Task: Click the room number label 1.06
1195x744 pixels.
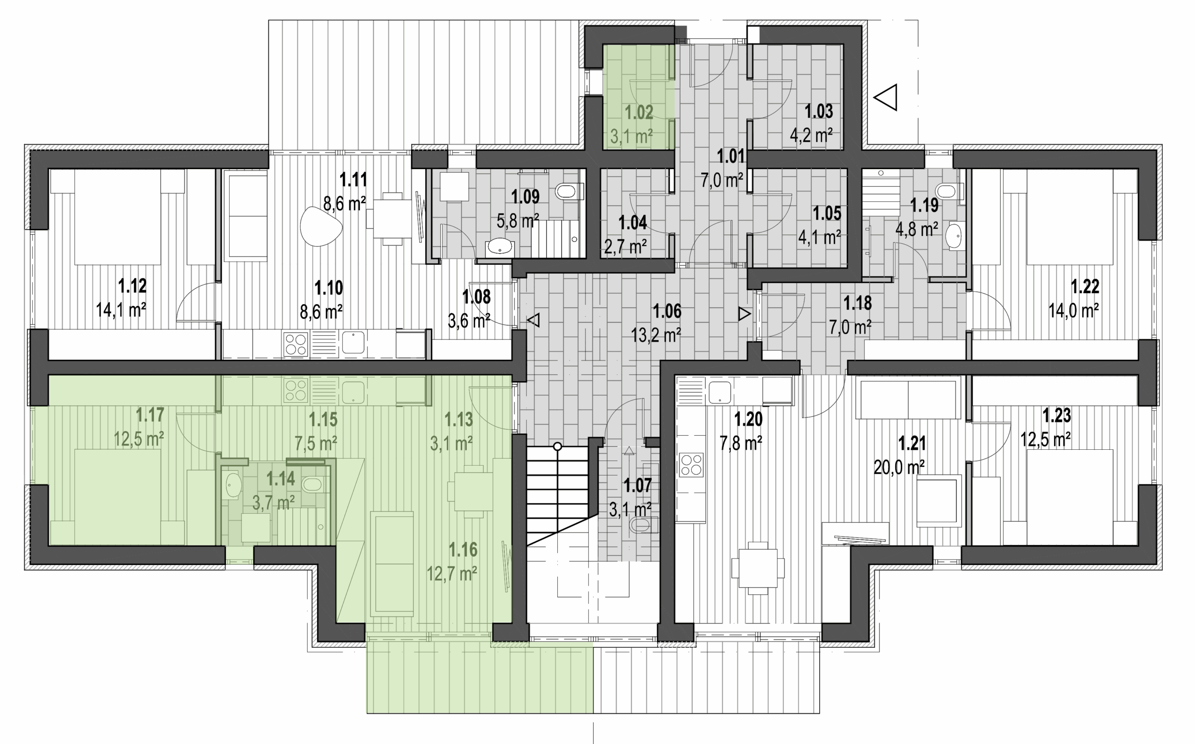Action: click(x=667, y=311)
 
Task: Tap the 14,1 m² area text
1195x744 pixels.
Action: click(x=121, y=310)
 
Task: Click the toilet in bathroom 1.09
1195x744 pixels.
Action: click(x=569, y=191)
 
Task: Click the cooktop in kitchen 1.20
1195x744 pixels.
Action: click(x=691, y=465)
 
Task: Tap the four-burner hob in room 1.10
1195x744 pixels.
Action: click(x=295, y=343)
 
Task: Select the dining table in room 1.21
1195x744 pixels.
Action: click(x=758, y=568)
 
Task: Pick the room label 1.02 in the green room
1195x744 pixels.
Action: click(x=639, y=112)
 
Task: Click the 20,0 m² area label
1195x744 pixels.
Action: click(x=899, y=467)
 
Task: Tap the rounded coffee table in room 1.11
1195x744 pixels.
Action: click(x=321, y=226)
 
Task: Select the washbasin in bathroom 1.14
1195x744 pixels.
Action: click(x=232, y=485)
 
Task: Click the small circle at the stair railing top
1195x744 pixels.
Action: click(x=557, y=446)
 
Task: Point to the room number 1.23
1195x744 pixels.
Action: click(x=1057, y=416)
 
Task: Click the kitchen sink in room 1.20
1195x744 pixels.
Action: click(x=719, y=392)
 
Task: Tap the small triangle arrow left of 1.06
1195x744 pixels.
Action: click(x=534, y=320)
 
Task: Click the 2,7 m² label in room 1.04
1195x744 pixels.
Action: click(x=625, y=247)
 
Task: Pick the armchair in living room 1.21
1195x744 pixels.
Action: click(x=939, y=500)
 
